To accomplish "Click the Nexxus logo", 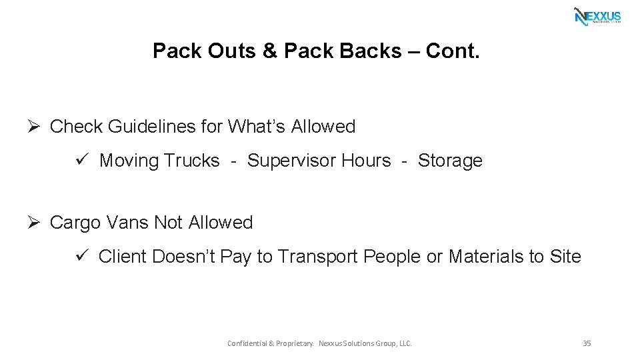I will (597, 16).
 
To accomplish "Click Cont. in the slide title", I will (452, 51).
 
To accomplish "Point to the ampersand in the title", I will (270, 51).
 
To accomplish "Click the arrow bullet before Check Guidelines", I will (37, 126).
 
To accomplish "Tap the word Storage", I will (450, 161).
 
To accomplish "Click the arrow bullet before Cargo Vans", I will (37, 222).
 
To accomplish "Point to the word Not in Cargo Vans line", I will (168, 222).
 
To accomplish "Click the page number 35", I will (587, 343).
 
